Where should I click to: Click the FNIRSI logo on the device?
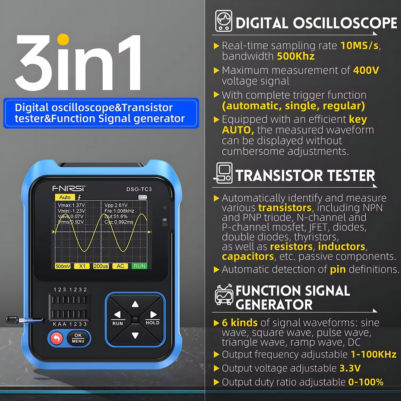coord(69,188)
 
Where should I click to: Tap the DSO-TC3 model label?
coord(139,189)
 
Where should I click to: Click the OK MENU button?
coord(78,338)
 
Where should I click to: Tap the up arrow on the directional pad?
coord(135,304)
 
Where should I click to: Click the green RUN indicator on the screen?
coord(139,266)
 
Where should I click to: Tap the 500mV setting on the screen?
coord(63,266)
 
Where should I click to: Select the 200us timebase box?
coord(101,266)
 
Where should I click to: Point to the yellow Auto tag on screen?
coord(65,197)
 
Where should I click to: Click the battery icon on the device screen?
coord(143,197)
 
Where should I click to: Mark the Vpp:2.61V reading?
coord(116,205)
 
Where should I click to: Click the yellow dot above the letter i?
coord(63,40)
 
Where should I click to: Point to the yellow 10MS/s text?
coord(359,45)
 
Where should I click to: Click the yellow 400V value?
coord(366,70)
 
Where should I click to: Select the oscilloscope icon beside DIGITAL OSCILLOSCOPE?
coord(224,21)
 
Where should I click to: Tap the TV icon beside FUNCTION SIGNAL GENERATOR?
coord(224,294)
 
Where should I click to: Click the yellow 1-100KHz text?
coord(374,354)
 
